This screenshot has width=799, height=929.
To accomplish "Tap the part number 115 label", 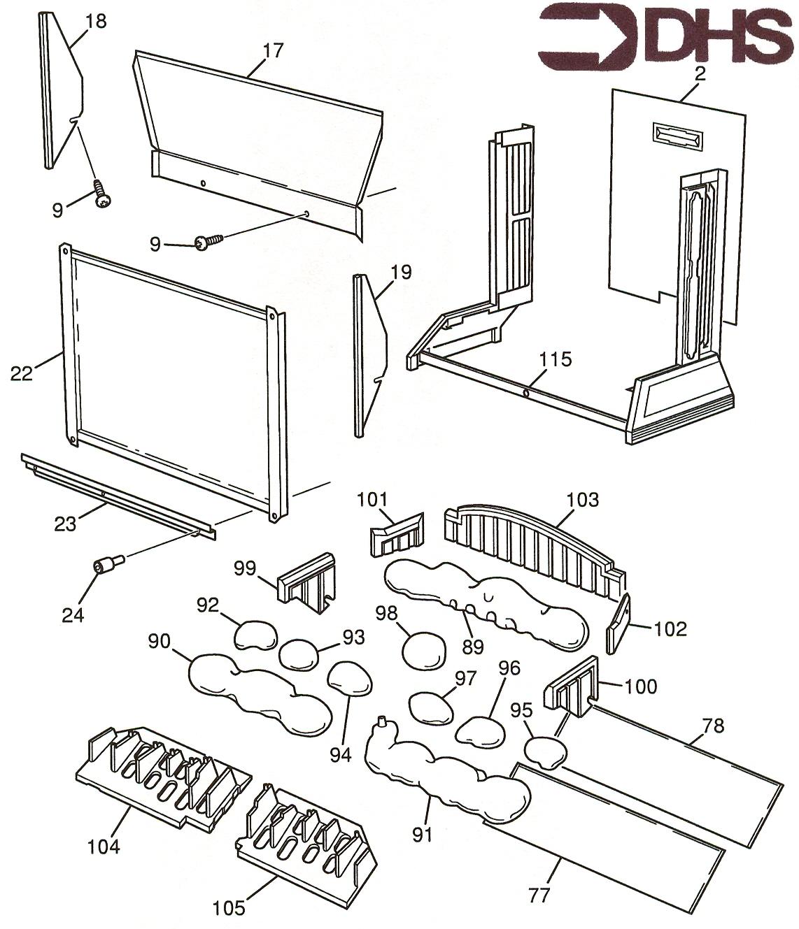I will pos(556,359).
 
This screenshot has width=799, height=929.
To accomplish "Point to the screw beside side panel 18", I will pos(102,194).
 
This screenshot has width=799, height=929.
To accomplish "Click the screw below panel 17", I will pos(208,242).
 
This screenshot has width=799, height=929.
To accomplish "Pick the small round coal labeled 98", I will pos(424,649).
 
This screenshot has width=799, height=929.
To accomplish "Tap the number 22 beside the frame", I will pos(22,374).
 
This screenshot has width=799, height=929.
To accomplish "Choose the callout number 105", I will pos(230,908).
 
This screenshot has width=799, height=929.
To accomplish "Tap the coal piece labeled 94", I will pos(350,678).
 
